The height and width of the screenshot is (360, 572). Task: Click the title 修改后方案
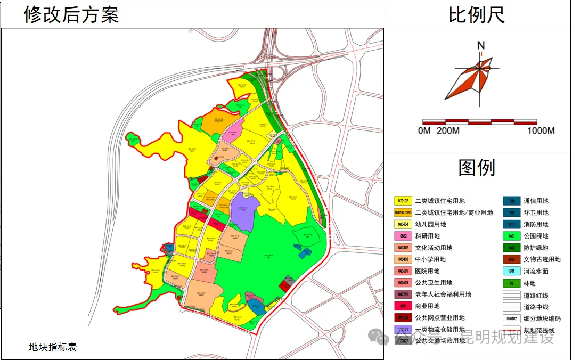71,14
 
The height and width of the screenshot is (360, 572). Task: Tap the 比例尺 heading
476,14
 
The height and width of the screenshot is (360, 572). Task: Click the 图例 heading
477,168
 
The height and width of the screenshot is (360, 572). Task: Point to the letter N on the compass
481,46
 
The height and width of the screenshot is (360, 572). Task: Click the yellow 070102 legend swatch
403,201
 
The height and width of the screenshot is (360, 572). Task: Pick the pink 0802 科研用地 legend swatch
403,236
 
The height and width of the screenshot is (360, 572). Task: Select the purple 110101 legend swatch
403,330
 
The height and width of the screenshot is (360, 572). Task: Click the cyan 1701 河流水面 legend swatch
511,271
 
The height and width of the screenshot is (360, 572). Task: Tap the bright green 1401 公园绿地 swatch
511,236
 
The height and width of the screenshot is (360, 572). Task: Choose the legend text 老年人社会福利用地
443,294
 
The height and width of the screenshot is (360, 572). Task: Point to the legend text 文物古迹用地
542,259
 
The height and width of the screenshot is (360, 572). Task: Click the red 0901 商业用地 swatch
403,306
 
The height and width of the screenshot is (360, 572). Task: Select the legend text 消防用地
536,224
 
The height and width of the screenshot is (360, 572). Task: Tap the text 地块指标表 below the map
53,347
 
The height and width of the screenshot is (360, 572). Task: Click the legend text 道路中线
536,306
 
